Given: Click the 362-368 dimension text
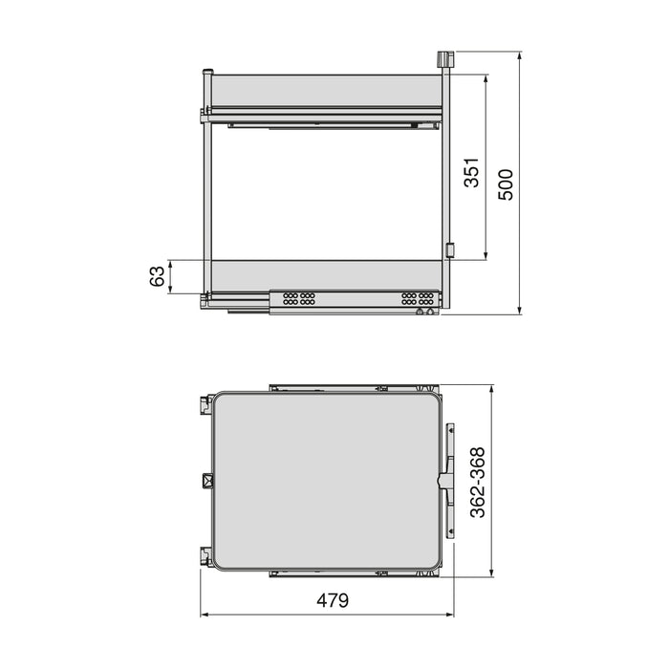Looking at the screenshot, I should click(478, 482).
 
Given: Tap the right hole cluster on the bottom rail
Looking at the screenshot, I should click(418, 298).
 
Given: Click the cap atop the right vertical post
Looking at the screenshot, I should click(443, 58).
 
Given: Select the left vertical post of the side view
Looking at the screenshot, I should click(205, 191).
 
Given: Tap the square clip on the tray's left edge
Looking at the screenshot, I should click(206, 480).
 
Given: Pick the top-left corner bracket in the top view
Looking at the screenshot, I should click(205, 404).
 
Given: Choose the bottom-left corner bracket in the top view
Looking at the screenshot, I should click(205, 555).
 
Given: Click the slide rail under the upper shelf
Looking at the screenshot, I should click(325, 122).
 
